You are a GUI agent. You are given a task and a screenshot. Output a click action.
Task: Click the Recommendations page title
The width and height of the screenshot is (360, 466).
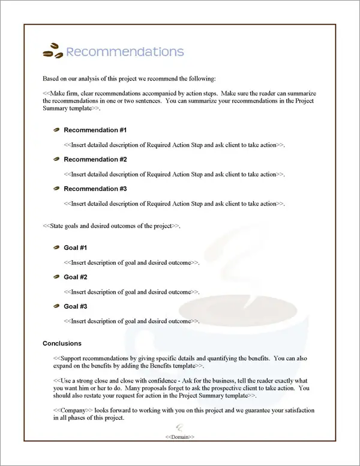click(x=124, y=52)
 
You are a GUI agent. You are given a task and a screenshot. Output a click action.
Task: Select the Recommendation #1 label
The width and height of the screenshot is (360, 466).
click(x=95, y=130)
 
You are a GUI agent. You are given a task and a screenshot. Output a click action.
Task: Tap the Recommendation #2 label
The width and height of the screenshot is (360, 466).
click(x=95, y=160)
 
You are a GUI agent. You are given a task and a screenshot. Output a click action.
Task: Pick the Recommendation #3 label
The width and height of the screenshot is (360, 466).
click(x=95, y=189)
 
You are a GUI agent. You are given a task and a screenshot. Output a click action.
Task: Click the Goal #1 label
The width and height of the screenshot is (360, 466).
click(x=76, y=248)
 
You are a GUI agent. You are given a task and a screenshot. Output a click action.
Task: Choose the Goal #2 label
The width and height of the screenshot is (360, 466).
click(x=76, y=277)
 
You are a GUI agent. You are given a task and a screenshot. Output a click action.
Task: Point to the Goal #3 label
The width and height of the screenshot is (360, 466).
click(x=76, y=307)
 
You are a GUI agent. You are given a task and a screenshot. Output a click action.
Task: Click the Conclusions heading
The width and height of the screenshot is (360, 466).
click(x=62, y=344)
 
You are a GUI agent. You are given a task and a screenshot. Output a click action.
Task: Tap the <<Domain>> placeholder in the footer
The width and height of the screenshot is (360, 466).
click(x=180, y=437)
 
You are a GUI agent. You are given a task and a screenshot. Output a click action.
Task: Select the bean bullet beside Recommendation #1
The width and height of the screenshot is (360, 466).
click(x=56, y=130)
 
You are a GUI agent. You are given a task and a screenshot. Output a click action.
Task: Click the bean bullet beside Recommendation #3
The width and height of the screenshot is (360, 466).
click(x=56, y=189)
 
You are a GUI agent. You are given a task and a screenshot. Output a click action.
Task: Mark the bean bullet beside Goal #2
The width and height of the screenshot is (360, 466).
click(x=56, y=277)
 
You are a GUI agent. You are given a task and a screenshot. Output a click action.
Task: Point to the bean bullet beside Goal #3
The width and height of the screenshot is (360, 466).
click(x=56, y=307)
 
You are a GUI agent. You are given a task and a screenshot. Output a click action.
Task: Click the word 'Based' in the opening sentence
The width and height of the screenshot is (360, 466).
click(x=52, y=79)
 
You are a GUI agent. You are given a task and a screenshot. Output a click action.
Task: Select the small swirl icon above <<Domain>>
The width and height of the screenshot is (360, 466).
click(x=179, y=428)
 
